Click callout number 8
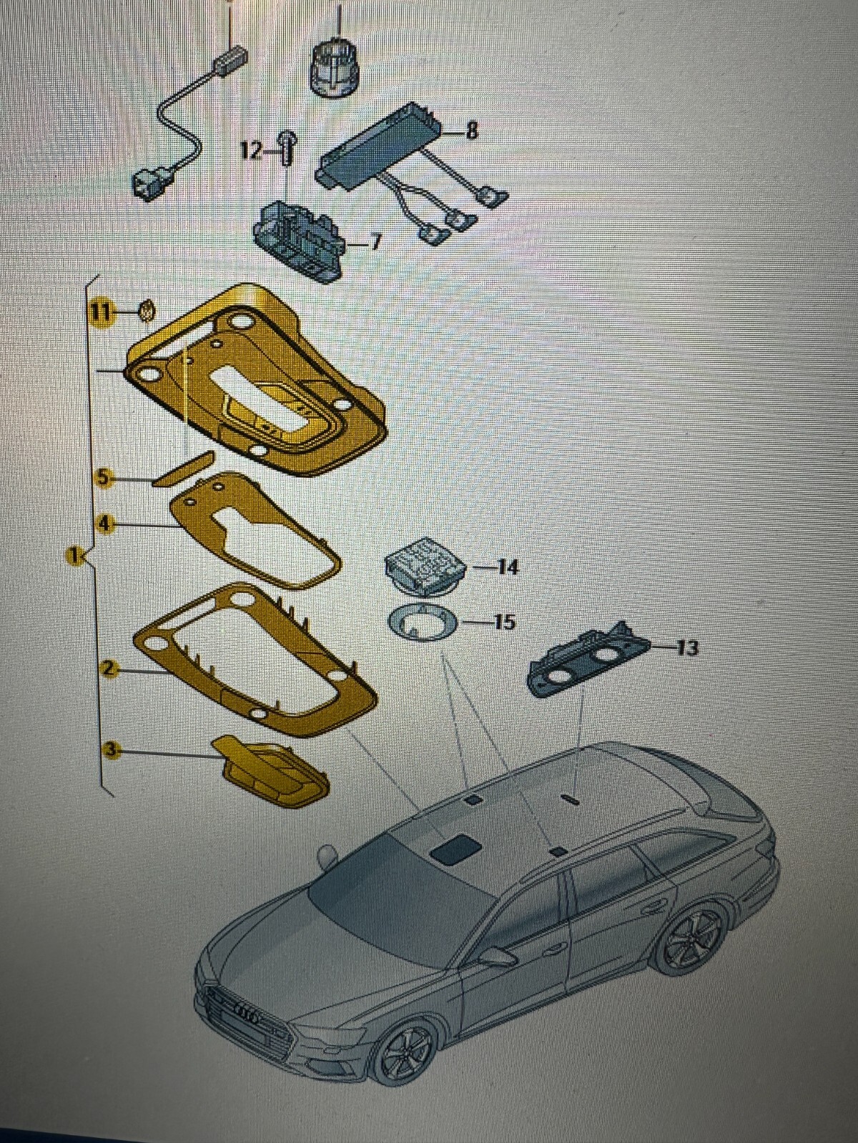[471, 131]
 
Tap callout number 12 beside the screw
[251, 151]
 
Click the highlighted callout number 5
[104, 477]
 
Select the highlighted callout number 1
[72, 554]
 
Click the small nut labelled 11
[147, 310]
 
